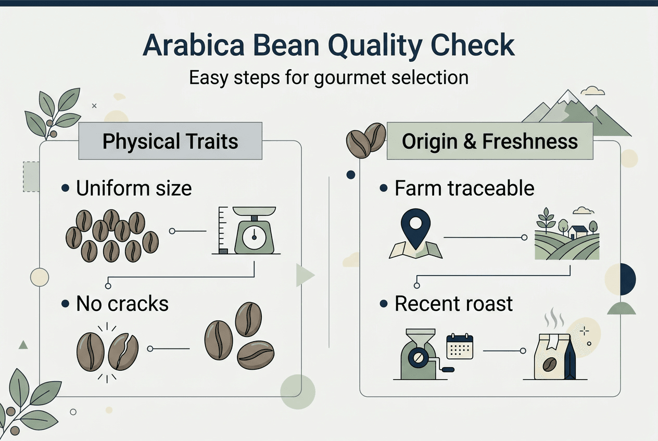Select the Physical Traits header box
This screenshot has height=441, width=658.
[x=170, y=141]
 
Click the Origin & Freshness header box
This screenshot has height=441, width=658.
[x=489, y=141]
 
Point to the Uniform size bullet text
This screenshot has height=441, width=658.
[x=134, y=188]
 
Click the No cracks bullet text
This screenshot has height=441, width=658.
[x=122, y=304]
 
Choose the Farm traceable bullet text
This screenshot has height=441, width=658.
[x=464, y=188]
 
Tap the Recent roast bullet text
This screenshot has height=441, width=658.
[x=453, y=304]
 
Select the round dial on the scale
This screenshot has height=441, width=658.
[x=254, y=237]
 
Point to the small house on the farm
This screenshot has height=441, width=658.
[x=578, y=232]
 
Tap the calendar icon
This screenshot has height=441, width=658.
[x=460, y=347]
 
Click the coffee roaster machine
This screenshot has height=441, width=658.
[x=417, y=353]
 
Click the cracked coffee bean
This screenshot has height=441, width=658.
[x=123, y=352]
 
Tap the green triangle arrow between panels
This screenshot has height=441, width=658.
[x=305, y=276]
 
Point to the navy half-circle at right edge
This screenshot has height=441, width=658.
[x=628, y=279]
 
